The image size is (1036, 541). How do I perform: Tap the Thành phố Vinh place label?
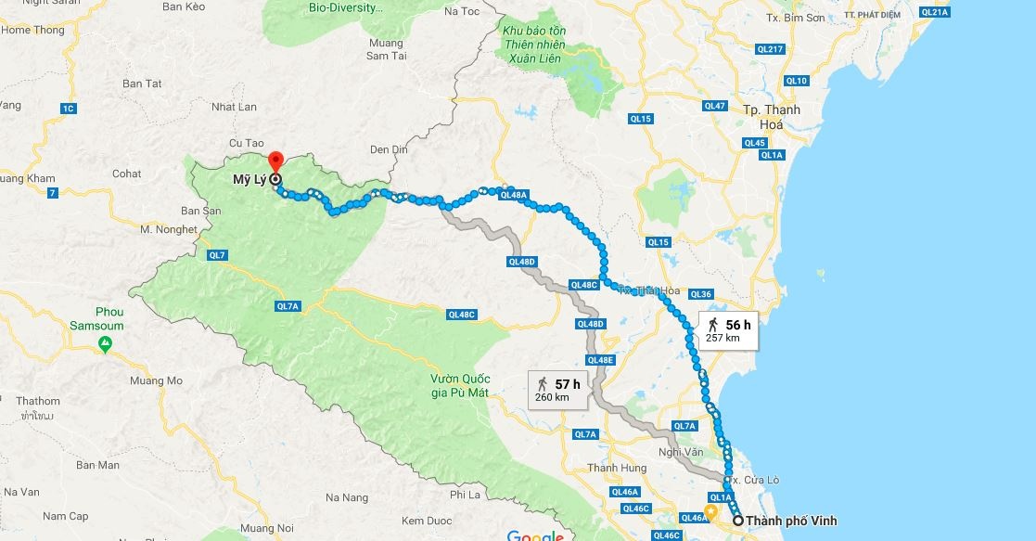pyautogui.click(x=785, y=522)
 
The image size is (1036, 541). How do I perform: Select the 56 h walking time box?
pyautogui.click(x=728, y=329)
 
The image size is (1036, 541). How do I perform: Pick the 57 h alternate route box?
pyautogui.click(x=556, y=389)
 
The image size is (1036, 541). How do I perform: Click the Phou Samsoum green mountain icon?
pyautogui.click(x=106, y=344)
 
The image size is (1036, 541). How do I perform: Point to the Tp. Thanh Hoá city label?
pyautogui.click(x=771, y=116)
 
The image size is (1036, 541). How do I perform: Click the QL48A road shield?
pyautogui.click(x=513, y=195)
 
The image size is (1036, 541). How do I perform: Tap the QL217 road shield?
pyautogui.click(x=770, y=49)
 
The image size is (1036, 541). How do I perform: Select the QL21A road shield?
pyautogui.click(x=934, y=12)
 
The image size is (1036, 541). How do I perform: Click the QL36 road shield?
pyautogui.click(x=700, y=294)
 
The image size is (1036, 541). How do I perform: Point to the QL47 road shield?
pyautogui.click(x=714, y=106)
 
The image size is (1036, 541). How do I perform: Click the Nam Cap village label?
pyautogui.click(x=66, y=516)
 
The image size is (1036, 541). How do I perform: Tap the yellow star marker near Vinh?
pyautogui.click(x=710, y=511)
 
